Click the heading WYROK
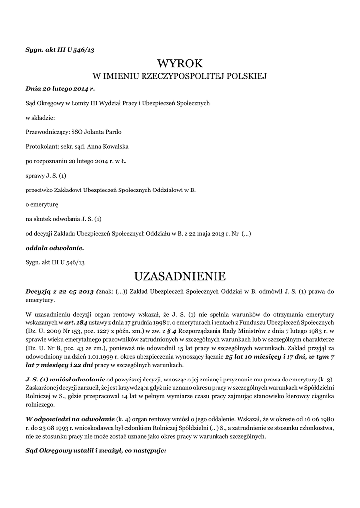coord(180,63)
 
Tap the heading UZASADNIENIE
coord(180,275)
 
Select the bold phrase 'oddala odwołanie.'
coord(55,247)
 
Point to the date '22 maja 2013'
coord(205,233)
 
